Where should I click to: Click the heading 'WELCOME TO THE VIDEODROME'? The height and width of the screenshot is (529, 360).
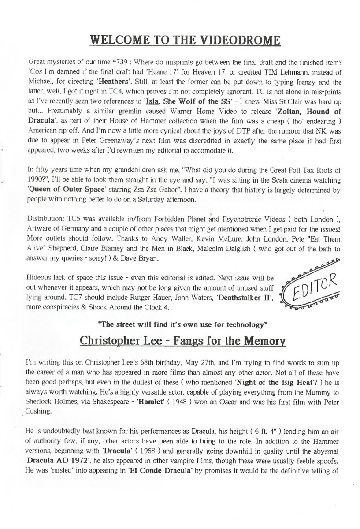pos(185,41)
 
